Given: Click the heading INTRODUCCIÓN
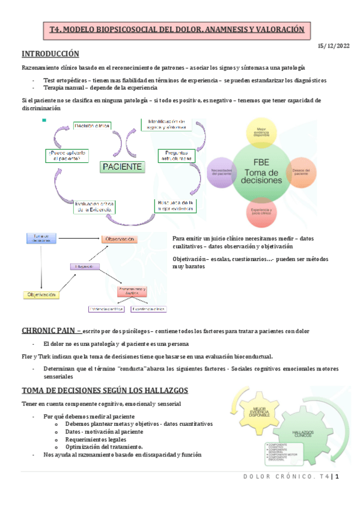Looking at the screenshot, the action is point(50,54).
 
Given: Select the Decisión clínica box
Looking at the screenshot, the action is point(91,126).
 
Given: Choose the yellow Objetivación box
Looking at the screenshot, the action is point(43,295).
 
